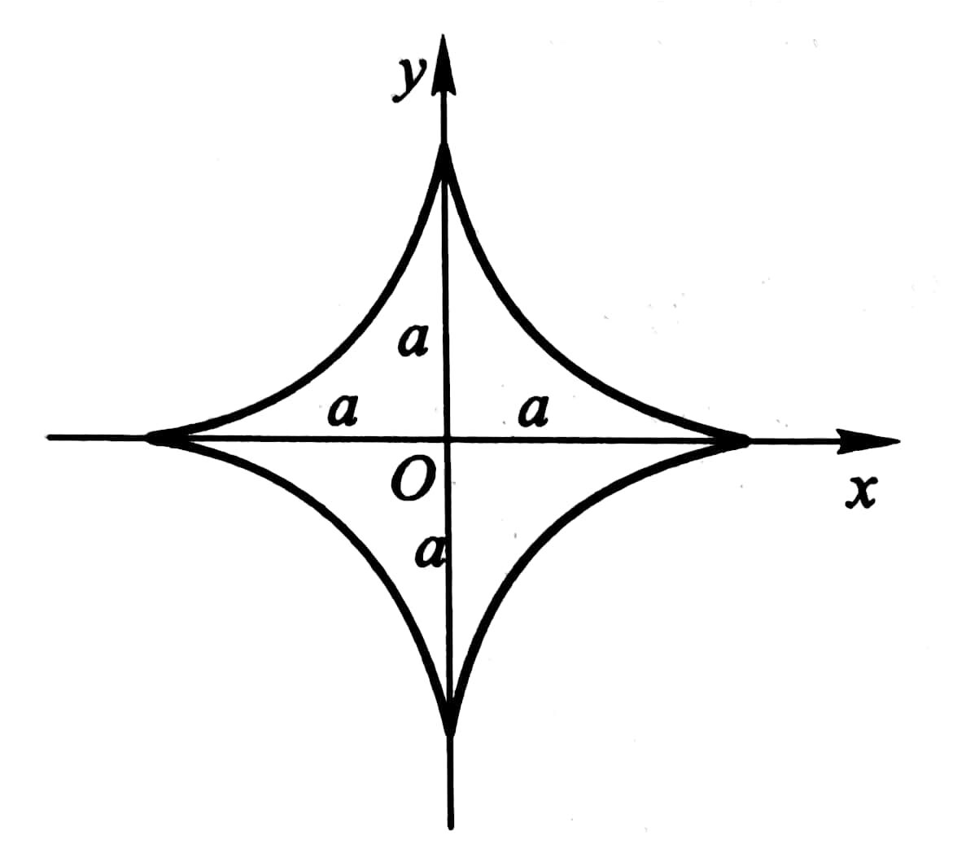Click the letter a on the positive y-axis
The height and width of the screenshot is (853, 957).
pos(413,341)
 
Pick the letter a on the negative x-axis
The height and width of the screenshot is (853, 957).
pos(343,411)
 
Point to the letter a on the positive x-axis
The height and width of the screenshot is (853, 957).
pos(534,410)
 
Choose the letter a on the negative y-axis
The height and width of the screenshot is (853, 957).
pos(429,553)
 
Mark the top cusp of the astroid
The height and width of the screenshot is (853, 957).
pos(444,151)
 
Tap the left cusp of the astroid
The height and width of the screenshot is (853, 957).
pos(151,439)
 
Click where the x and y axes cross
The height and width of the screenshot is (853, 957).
pos(447,440)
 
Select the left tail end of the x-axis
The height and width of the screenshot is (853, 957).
pos(50,438)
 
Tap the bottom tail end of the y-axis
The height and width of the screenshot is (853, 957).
pos(451,826)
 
